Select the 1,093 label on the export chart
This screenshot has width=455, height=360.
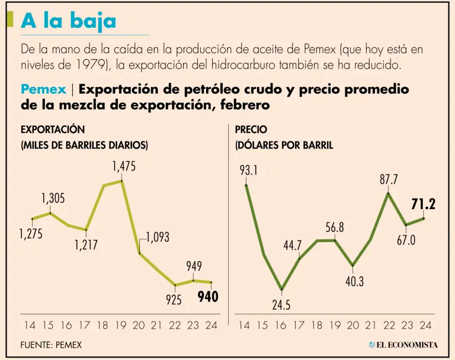[157, 237]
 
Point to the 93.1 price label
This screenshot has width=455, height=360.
[249, 171]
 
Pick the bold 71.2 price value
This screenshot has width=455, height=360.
[424, 204]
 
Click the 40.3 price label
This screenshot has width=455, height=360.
[354, 282]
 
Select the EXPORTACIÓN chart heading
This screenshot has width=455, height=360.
[53, 129]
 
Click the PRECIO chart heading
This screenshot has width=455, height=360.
[251, 129]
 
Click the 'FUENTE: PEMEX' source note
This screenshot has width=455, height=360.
[50, 345]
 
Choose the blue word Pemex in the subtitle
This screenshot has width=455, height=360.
[43, 90]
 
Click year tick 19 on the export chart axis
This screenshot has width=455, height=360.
[121, 325]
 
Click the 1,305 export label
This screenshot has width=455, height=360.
[53, 198]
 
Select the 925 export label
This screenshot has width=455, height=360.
[174, 300]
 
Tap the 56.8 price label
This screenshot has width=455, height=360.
[335, 227]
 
